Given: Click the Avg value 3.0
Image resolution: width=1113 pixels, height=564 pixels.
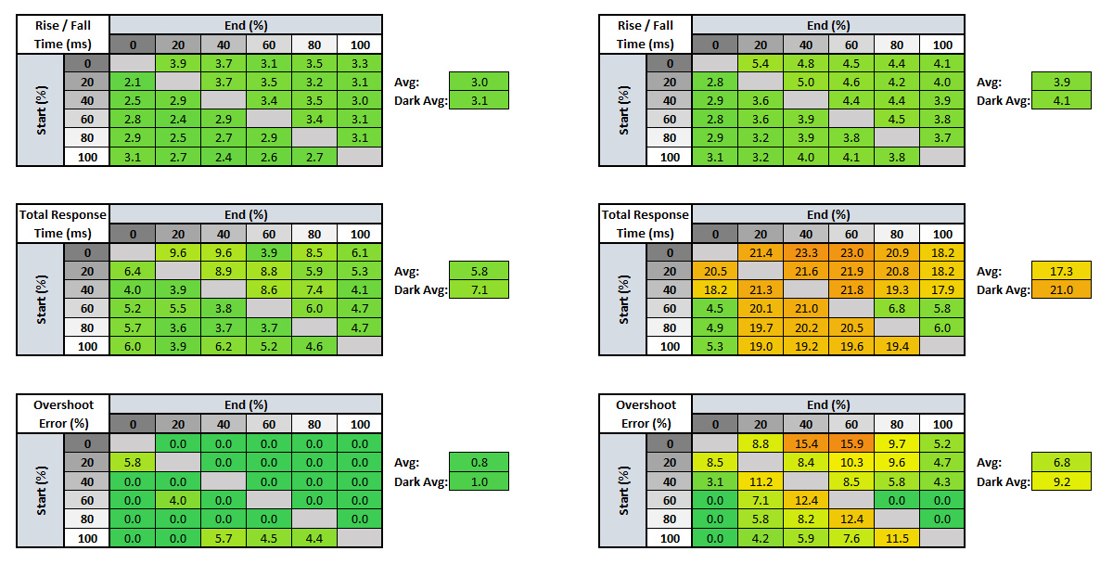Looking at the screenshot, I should (478, 82).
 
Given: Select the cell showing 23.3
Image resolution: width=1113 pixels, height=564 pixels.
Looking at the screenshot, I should (806, 252).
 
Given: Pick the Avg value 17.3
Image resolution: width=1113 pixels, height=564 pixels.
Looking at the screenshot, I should (1061, 271).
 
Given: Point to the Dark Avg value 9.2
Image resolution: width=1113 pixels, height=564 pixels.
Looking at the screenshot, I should (1061, 481).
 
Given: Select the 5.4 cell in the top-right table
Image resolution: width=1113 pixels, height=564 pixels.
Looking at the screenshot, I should (761, 63).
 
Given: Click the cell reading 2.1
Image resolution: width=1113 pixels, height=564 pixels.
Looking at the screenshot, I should (133, 82).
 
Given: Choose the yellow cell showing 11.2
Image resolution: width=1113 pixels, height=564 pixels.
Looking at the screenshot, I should (761, 481).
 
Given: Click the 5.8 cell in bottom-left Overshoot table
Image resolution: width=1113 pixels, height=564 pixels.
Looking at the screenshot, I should (133, 461).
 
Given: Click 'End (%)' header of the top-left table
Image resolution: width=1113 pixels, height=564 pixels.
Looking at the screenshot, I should (246, 25).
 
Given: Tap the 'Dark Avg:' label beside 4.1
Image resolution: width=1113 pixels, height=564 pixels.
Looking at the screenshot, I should (1003, 101).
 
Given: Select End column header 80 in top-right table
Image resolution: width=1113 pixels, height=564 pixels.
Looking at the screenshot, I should (897, 44).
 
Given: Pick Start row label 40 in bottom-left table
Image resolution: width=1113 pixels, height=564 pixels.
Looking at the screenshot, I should (87, 481).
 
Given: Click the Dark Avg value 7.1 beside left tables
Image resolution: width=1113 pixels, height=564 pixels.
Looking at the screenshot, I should (478, 290).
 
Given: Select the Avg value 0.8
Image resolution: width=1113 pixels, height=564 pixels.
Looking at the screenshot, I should (478, 461).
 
